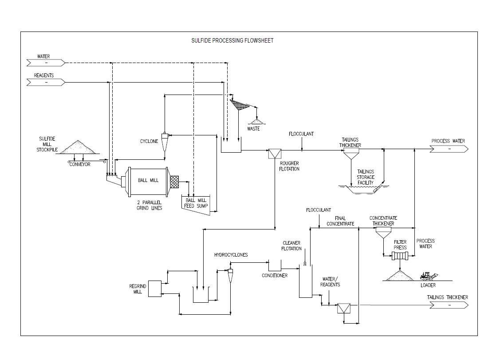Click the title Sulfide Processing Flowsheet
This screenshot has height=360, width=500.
(x=232, y=40)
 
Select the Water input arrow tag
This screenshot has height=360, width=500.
(x=46, y=63)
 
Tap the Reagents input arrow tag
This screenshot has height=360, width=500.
(x=46, y=82)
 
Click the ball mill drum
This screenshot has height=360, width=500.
(x=148, y=181)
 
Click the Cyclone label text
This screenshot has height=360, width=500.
(x=149, y=141)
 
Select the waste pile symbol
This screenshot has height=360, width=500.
(x=256, y=121)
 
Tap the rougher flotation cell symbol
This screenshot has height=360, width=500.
(x=275, y=154)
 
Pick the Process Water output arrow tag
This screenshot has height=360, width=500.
(x=449, y=149)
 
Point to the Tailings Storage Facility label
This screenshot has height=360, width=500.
(x=366, y=177)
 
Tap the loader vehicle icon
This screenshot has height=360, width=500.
(x=428, y=276)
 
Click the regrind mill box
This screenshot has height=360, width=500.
(x=155, y=289)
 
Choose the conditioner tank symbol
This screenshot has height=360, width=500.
(x=275, y=265)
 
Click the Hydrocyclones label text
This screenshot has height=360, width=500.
(x=231, y=255)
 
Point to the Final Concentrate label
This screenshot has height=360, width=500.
(x=340, y=221)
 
